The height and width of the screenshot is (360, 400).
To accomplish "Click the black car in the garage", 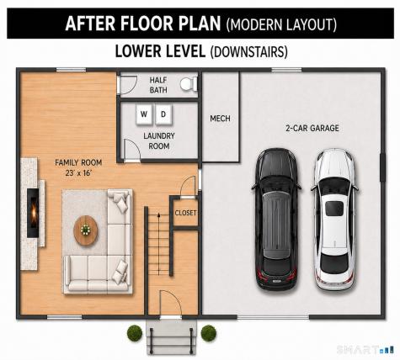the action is tap(276, 220).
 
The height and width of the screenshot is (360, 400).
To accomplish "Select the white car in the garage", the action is tap(334, 220).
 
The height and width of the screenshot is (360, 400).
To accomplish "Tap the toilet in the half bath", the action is tap(189, 84).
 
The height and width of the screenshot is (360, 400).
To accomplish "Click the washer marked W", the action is tap(144, 114).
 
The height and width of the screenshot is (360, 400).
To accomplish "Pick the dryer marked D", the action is tap(163, 114).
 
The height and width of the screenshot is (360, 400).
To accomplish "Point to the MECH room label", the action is tap(220, 119).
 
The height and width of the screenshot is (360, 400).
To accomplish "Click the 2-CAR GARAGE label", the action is tap(312, 128).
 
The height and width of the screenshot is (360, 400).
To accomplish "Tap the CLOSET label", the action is tap(185, 213).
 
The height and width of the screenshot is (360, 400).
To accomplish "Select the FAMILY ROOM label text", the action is tap(78, 162).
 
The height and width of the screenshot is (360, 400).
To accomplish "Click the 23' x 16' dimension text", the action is tap(78, 173).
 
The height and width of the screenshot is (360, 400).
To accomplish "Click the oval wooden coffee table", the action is tap(86, 230).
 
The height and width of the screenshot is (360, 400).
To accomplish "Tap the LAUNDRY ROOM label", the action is tap(159, 141).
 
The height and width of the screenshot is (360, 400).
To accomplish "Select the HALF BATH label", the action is tap(158, 85).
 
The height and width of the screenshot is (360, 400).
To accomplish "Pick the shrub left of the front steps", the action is tap(135, 333).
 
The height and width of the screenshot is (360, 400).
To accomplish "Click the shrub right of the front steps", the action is tap(209, 333).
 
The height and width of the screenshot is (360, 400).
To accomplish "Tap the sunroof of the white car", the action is tap(334, 209).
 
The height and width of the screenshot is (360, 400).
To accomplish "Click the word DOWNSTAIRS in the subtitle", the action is tap(249, 52).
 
